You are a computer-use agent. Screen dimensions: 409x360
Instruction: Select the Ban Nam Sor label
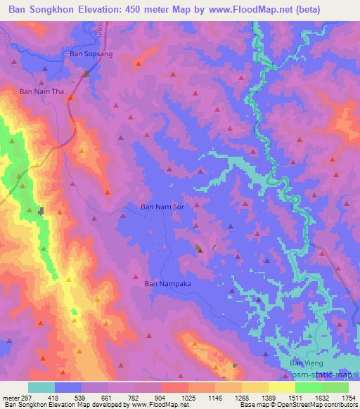click(x=163, y=207)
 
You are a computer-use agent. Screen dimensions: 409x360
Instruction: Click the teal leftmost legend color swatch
click(x=41, y=388)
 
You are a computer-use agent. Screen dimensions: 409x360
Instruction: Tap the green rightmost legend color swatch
click(x=335, y=388)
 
